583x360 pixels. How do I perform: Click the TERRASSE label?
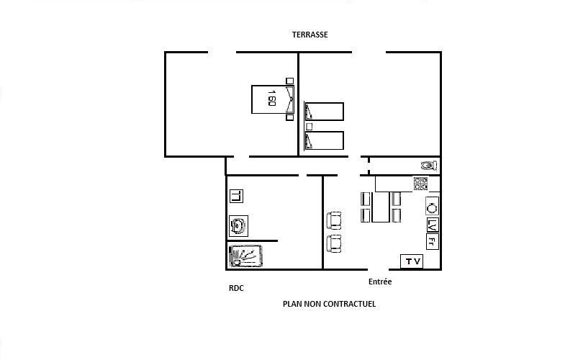[x=309, y=35]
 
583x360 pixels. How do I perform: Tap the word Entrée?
[x=380, y=282]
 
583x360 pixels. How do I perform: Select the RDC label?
[x=237, y=288]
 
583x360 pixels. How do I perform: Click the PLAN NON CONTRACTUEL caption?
[x=329, y=304]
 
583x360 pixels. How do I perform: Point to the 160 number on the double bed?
[x=272, y=98]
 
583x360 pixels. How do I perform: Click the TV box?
[x=412, y=261]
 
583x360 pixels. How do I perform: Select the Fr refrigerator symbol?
[x=433, y=242]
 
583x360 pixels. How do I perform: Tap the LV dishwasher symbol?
[x=433, y=225]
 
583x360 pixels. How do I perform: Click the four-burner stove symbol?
[x=421, y=184]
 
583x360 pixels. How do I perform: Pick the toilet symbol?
[x=430, y=166]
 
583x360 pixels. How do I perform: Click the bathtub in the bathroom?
[x=245, y=256]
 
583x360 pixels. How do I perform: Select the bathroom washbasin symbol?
[x=238, y=226]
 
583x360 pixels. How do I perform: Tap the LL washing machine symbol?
[x=237, y=196]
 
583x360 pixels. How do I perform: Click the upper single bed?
[x=324, y=112]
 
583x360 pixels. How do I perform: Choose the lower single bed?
[x=324, y=140]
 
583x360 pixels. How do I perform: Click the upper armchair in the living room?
[x=334, y=220]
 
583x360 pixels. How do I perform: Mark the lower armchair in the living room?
[x=334, y=243]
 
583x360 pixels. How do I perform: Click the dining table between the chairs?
[x=381, y=207]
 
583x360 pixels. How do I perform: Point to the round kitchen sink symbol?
[x=432, y=207]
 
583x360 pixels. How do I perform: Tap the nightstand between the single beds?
[x=309, y=127]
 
